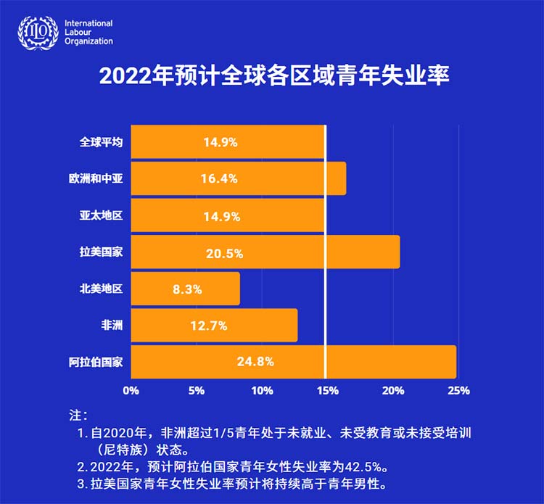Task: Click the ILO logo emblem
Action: click(38, 32)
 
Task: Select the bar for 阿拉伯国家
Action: click(293, 361)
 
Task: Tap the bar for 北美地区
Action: click(185, 289)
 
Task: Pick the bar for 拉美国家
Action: click(265, 252)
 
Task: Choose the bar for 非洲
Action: click(214, 325)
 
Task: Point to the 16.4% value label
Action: click(220, 179)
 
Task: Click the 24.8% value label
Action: click(255, 361)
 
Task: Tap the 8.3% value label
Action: click(187, 289)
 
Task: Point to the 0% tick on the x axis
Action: click(131, 391)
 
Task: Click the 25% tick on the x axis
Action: click(458, 391)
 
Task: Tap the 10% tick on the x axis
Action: click(262, 391)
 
